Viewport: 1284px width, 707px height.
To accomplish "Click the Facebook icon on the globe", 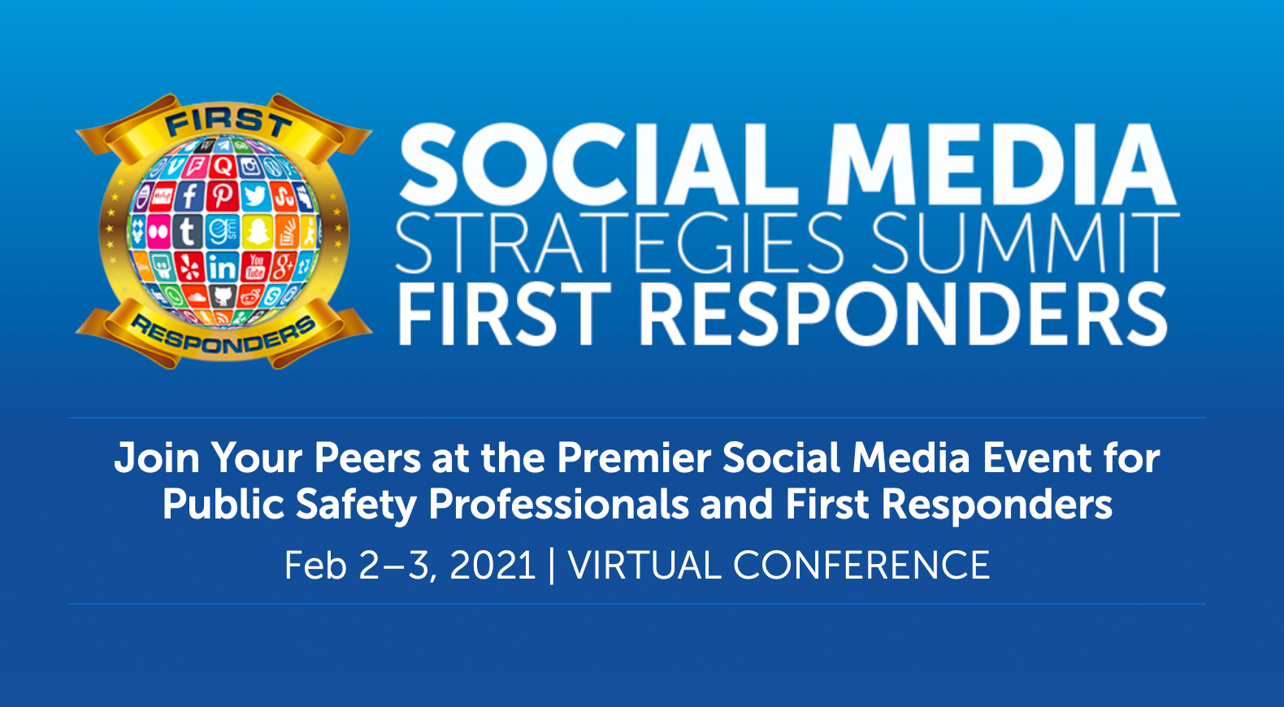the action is pos(189,196).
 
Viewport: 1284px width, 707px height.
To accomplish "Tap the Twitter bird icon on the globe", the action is pos(255,197).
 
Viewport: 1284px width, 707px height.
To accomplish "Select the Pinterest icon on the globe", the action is pos(223,196).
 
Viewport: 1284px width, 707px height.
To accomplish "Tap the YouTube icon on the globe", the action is pos(255,267).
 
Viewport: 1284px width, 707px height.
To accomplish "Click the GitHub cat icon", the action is pos(223,297).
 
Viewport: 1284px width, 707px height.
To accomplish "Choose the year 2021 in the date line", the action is pos(493,566).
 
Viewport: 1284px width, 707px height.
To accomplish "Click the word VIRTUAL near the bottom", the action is pos(644,566).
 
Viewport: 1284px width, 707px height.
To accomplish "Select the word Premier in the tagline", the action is pos(634,458).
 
